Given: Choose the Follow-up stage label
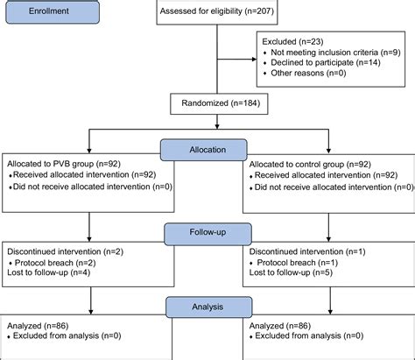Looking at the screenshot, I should click(x=207, y=234).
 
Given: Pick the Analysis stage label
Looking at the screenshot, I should click(x=207, y=308).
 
